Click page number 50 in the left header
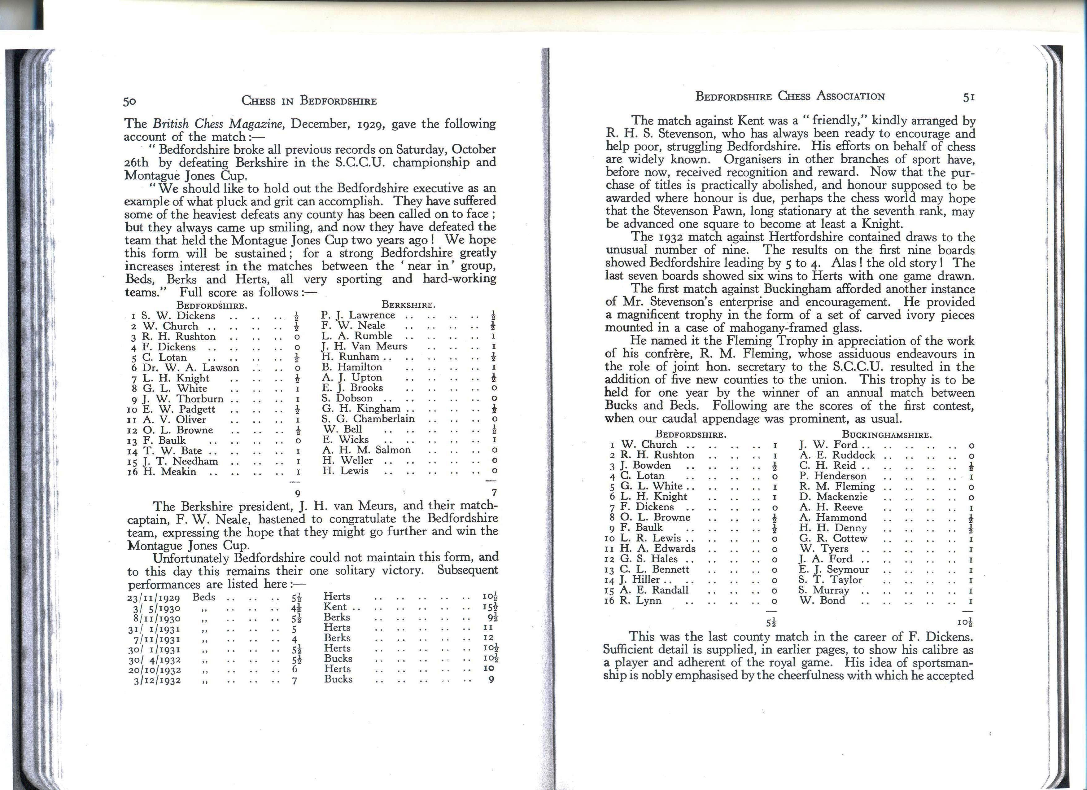[x=130, y=101]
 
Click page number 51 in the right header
[x=969, y=97]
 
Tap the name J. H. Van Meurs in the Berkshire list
[x=364, y=346]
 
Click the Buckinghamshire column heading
[x=887, y=435]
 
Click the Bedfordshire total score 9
[x=297, y=493]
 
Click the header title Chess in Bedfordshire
[x=309, y=101]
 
